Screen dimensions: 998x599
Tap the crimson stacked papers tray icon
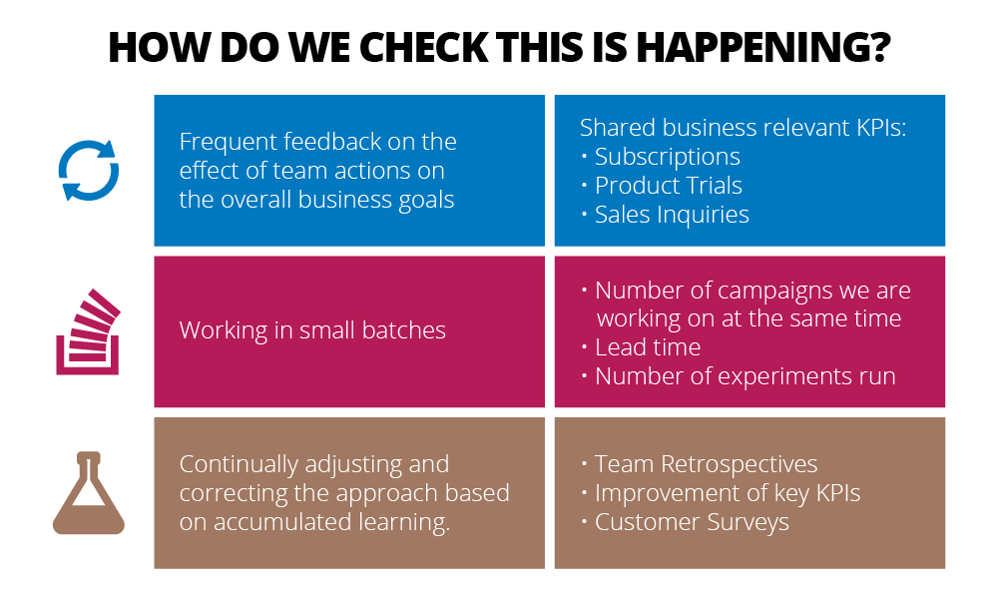88,331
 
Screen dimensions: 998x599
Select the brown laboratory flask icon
89,493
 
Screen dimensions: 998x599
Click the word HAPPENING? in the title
763,47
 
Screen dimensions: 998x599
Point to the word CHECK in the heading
424,47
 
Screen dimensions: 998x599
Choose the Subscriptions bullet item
667,156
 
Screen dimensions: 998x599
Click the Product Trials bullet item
669,186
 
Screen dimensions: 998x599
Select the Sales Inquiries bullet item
672,215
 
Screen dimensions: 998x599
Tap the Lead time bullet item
648,347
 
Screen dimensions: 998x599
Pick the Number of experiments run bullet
745,376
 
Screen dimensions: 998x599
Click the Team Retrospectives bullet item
706,464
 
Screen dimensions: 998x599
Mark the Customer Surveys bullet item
692,522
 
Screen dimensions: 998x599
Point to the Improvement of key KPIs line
727,493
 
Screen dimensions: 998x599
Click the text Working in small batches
312,330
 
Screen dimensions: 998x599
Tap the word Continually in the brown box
239,464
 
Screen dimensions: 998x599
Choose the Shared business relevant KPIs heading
743,128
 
